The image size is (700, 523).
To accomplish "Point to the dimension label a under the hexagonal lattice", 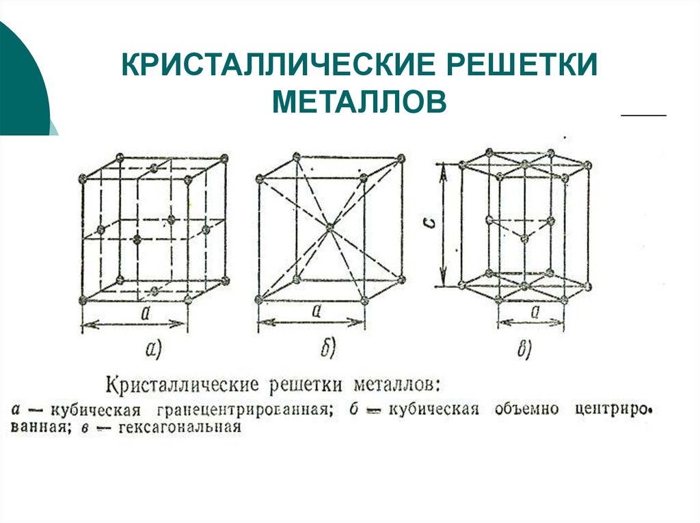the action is click(x=535, y=312).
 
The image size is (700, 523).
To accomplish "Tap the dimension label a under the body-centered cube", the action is click(x=317, y=311).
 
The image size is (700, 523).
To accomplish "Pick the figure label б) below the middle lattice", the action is click(x=327, y=350).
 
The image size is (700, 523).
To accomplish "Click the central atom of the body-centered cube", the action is click(x=329, y=228).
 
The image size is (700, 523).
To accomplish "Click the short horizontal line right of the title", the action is click(x=643, y=116).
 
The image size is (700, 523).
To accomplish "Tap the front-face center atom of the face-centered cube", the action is click(x=137, y=239).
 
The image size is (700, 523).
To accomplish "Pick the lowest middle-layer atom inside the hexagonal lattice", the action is click(x=524, y=237).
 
